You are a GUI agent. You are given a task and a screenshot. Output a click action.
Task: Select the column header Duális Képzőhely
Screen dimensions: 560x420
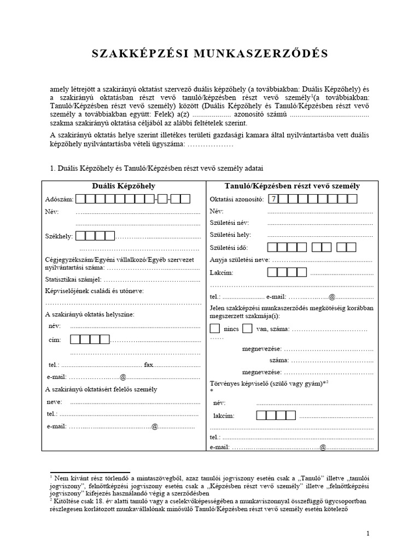(x=123, y=186)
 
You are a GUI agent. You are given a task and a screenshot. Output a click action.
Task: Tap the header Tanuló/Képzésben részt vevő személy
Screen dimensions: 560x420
(x=291, y=186)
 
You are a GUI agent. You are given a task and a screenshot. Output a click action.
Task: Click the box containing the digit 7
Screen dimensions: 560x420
(x=273, y=199)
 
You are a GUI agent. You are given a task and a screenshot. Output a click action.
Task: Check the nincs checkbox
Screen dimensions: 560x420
(x=215, y=329)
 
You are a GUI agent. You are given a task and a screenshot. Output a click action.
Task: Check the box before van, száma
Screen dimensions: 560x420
(x=247, y=329)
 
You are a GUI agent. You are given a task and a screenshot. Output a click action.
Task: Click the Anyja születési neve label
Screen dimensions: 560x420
(x=240, y=259)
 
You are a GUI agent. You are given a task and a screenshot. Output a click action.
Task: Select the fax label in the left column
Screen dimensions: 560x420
(x=148, y=364)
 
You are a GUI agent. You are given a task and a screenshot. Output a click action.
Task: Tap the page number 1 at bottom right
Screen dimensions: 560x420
(x=368, y=533)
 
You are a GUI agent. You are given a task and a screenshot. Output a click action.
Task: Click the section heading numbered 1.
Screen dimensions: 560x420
(x=159, y=168)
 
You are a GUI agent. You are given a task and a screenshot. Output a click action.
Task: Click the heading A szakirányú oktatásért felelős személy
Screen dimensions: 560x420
(x=101, y=389)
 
